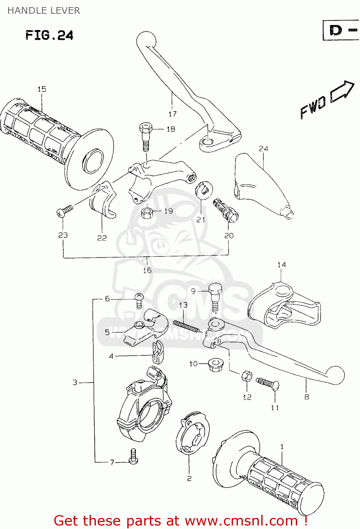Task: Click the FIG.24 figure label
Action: click(49, 35)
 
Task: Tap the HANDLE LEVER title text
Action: click(44, 11)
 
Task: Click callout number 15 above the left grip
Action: click(42, 89)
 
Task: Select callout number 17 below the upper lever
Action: click(172, 114)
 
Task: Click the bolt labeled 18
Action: click(146, 135)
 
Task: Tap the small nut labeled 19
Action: click(147, 213)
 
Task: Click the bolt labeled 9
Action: click(215, 298)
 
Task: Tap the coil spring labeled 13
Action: click(186, 327)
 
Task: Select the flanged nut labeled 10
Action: click(214, 364)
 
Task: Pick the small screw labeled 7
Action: click(133, 456)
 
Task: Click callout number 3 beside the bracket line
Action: click(75, 382)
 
